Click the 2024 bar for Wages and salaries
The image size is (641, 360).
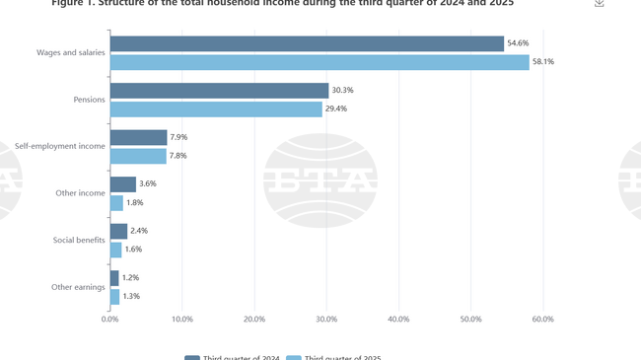coord(307,43)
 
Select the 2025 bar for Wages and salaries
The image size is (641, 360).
coord(320,62)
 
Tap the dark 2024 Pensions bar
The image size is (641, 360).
coord(219,91)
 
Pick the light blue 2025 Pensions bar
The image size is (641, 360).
coord(216,109)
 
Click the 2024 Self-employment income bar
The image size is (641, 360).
coord(138,137)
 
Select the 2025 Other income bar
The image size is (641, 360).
coord(116,203)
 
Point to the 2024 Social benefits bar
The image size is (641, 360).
coord(118,231)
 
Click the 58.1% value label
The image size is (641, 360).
coord(543,62)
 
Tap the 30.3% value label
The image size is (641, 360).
coord(342,91)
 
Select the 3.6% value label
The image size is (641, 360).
coord(148,184)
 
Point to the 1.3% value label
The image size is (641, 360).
coord(131,296)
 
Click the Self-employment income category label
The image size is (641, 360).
coord(59,146)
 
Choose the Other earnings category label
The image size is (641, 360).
coord(78,287)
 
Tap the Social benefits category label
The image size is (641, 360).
coord(78,240)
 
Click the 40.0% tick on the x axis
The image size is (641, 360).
coord(398,319)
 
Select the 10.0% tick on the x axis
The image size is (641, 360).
coord(182,319)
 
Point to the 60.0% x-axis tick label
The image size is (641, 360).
coord(542,319)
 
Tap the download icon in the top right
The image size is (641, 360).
coord(599,3)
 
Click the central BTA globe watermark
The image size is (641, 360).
coord(320,181)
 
